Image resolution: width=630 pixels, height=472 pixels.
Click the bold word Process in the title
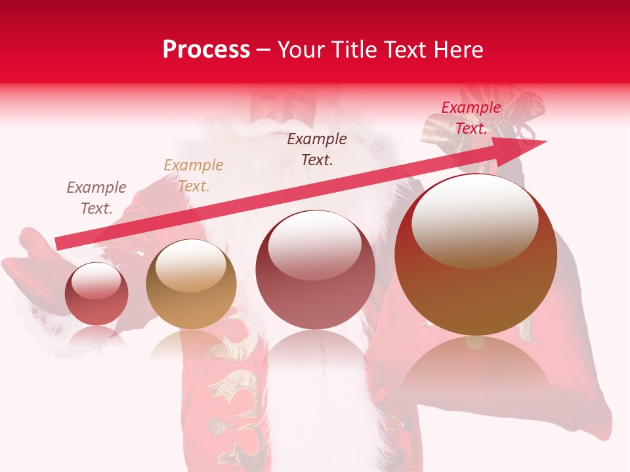[x=206, y=50]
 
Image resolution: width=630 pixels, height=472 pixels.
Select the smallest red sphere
[x=97, y=294]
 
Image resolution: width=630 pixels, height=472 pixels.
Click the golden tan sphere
[x=191, y=284]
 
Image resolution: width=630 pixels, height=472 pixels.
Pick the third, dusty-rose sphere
[x=316, y=270]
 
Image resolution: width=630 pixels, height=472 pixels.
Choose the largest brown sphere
[x=476, y=254]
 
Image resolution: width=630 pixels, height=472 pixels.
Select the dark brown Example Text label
[x=317, y=149]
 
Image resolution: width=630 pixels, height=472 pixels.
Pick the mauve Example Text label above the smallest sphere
[x=96, y=198]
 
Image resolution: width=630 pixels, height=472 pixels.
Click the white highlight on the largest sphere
[x=474, y=220]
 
